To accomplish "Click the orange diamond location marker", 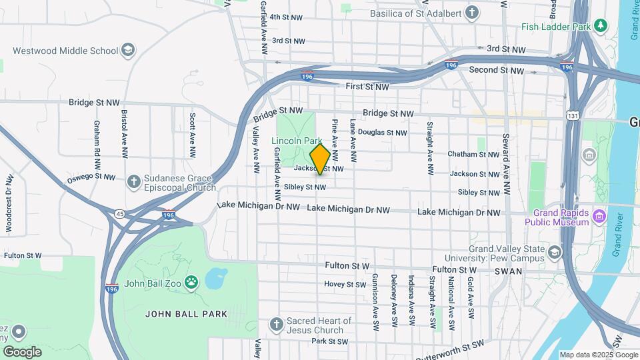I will pyautogui.click(x=320, y=159).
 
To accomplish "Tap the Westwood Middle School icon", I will pyautogui.click(x=128, y=50).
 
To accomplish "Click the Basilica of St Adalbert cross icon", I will pyautogui.click(x=472, y=12).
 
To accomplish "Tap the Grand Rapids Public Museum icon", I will pyautogui.click(x=599, y=217).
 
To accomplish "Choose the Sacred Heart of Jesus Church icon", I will pyautogui.click(x=277, y=325).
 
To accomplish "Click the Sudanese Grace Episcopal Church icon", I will pyautogui.click(x=133, y=181).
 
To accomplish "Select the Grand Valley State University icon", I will pyautogui.click(x=555, y=252).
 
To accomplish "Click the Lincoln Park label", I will pyautogui.click(x=297, y=141).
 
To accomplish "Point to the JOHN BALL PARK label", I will pyautogui.click(x=186, y=314).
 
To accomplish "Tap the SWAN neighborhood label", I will pyautogui.click(x=508, y=271).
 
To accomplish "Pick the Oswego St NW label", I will pyautogui.click(x=91, y=177).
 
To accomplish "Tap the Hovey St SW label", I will pyautogui.click(x=345, y=284).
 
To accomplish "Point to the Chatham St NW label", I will pyautogui.click(x=473, y=154).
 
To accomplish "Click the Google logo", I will pyautogui.click(x=22, y=351).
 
